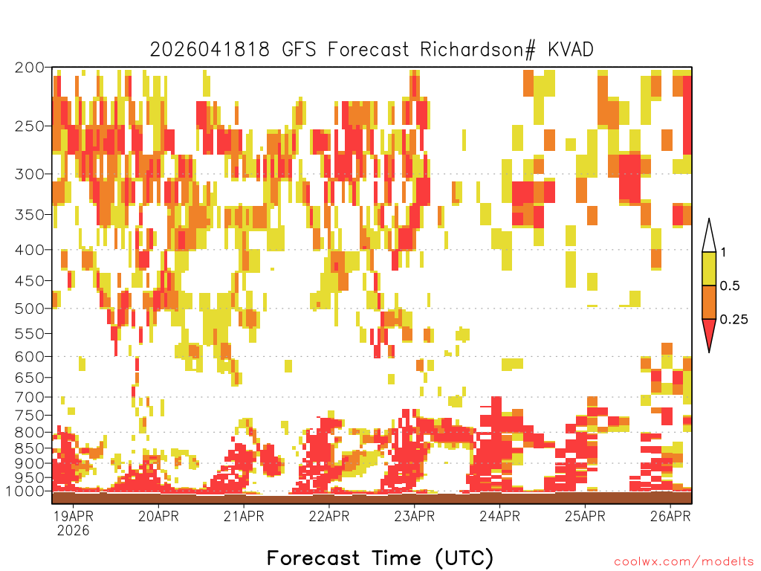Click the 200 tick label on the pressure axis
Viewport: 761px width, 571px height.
(x=30, y=68)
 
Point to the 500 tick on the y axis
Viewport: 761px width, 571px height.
(x=30, y=309)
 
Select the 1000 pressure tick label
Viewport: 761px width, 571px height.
(x=25, y=491)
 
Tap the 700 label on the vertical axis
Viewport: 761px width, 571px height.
(x=30, y=398)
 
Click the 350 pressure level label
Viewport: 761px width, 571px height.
(x=30, y=215)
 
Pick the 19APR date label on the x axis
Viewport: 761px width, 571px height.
(x=73, y=516)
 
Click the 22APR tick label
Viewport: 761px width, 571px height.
(x=329, y=516)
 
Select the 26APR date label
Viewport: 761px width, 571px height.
(x=670, y=516)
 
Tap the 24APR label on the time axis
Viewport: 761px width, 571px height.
(x=500, y=516)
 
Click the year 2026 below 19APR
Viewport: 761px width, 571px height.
(x=74, y=531)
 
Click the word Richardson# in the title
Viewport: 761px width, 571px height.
(x=478, y=50)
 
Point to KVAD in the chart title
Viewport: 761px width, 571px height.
(x=571, y=50)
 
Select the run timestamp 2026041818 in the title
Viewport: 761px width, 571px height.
(x=209, y=50)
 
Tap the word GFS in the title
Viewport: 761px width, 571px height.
(x=299, y=50)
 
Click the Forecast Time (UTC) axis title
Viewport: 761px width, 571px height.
(x=380, y=558)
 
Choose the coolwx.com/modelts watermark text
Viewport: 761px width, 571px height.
(x=684, y=562)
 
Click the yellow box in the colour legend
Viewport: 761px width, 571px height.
(x=709, y=268)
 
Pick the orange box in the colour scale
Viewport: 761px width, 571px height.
(x=709, y=302)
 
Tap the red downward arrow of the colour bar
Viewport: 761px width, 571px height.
(x=709, y=333)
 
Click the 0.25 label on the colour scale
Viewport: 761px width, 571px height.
(x=734, y=320)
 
